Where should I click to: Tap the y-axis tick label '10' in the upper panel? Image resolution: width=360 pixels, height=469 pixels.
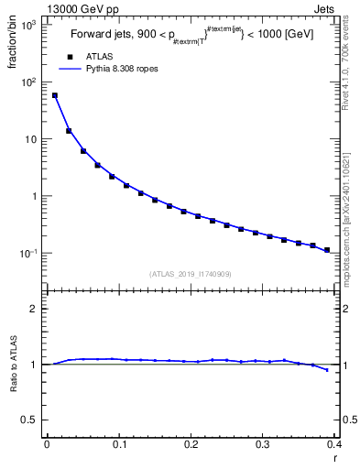click(x=30, y=139)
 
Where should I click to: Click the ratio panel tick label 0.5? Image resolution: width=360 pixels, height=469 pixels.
click(x=29, y=420)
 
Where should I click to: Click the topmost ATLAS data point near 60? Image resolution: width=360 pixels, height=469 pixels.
click(x=54, y=95)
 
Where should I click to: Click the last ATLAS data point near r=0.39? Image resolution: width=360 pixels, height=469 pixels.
click(x=327, y=249)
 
